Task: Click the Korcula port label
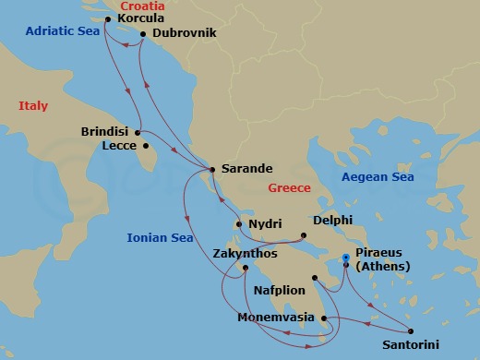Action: click(x=142, y=18)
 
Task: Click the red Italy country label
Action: click(x=33, y=107)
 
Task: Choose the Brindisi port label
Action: click(x=106, y=131)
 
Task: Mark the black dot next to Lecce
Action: click(x=146, y=146)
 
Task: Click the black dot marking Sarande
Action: click(x=213, y=169)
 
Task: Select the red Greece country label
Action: click(x=289, y=188)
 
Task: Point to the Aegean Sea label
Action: click(x=377, y=177)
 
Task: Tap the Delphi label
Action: click(x=332, y=222)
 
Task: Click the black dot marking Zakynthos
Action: click(x=246, y=269)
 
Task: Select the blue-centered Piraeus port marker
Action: click(x=345, y=259)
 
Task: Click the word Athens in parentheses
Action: click(x=380, y=270)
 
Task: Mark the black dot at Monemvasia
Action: click(x=325, y=318)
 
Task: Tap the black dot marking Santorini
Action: click(x=410, y=331)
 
